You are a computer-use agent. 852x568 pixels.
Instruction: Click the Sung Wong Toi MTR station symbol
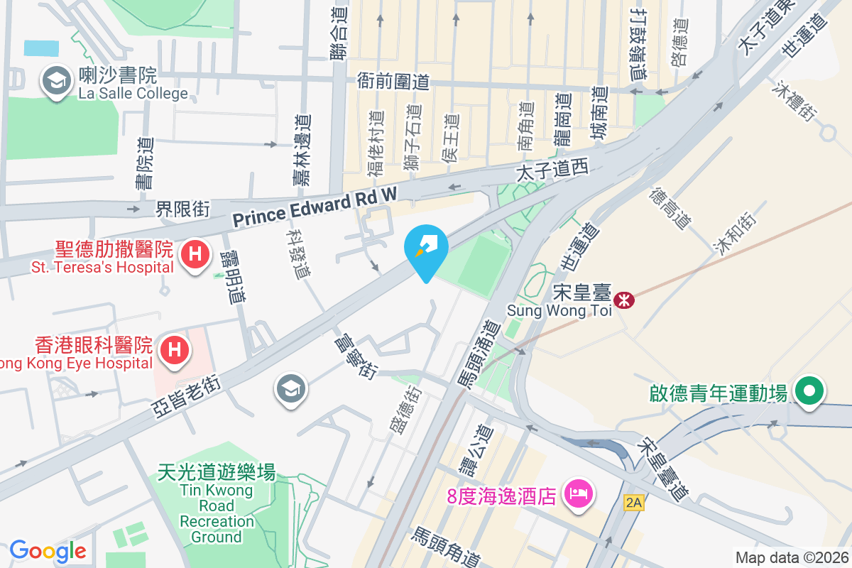click(624, 300)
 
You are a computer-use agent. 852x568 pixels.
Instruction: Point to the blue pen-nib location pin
click(425, 248)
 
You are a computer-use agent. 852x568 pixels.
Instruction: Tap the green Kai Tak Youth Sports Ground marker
click(808, 390)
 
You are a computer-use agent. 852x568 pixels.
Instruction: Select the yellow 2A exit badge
click(633, 503)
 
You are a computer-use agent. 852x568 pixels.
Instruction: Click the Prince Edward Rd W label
click(312, 207)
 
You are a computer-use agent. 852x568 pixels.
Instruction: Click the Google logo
click(48, 550)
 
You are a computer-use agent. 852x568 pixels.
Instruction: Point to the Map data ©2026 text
click(791, 557)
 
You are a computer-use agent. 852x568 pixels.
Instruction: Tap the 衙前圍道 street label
click(393, 82)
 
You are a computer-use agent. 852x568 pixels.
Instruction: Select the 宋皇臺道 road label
click(663, 469)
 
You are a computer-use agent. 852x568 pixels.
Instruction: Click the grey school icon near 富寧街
click(291, 389)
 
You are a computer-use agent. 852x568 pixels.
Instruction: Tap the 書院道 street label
click(145, 163)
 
